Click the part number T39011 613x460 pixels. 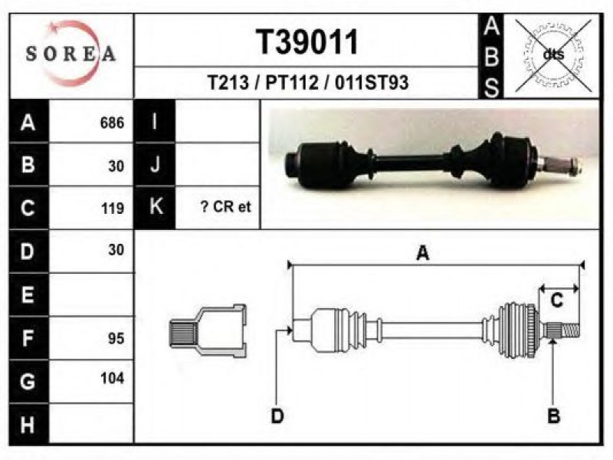pos(307,42)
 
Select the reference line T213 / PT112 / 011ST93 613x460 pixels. pos(308,83)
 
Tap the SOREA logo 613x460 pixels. pos(70,54)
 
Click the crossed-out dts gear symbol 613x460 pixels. pos(553,54)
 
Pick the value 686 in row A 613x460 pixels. pos(112,123)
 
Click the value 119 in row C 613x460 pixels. pos(113,209)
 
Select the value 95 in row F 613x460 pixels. pos(116,338)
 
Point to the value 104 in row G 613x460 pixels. pos(112,378)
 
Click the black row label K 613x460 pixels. pos(156,207)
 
